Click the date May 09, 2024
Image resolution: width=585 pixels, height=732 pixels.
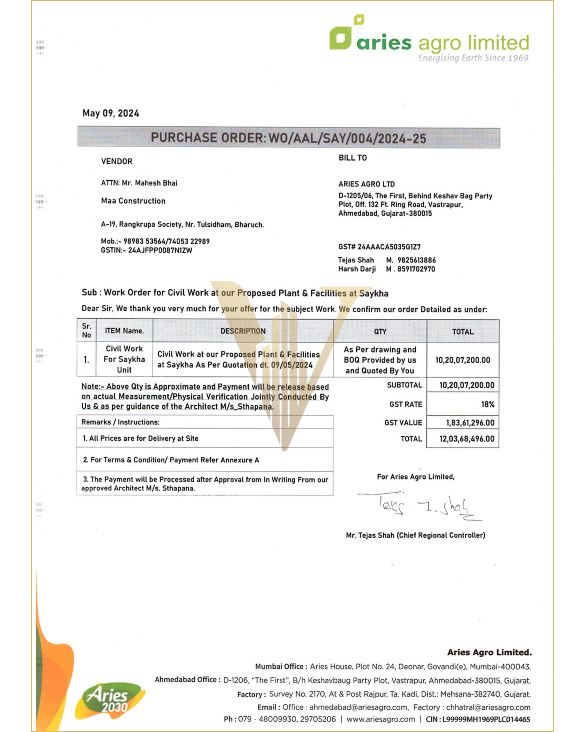(110, 113)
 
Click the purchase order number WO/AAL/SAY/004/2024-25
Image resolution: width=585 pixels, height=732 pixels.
(347, 138)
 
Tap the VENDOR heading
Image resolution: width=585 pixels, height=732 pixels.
(117, 161)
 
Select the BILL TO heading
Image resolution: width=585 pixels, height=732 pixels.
(352, 158)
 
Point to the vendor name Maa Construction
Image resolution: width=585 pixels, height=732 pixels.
(133, 201)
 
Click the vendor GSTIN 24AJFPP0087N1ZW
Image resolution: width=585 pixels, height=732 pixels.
(160, 250)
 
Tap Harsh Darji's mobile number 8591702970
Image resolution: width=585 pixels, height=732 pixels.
(416, 269)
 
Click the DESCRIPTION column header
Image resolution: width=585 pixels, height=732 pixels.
(243, 331)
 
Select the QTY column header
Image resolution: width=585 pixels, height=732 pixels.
(380, 332)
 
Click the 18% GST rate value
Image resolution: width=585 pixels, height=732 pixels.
(488, 404)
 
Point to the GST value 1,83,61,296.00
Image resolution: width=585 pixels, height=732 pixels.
(470, 423)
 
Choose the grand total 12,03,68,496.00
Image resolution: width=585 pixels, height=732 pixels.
(467, 439)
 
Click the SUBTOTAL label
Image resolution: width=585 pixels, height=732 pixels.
(404, 385)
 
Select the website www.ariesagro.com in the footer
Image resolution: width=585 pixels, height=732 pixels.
(381, 719)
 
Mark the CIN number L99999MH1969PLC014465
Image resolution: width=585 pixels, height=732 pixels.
(486, 719)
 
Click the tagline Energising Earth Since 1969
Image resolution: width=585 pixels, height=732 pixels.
(473, 58)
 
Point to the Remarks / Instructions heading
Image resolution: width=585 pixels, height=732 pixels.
(120, 422)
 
